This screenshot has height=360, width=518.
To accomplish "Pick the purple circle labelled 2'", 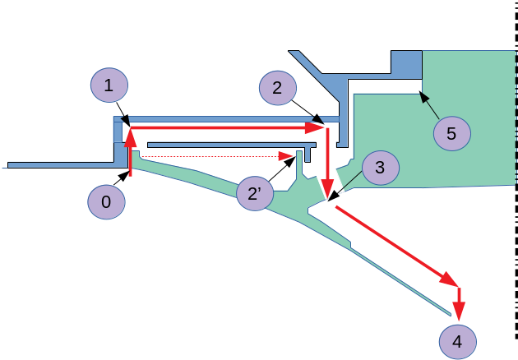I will tap(254, 194).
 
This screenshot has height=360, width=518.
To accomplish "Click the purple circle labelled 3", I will tap(379, 168).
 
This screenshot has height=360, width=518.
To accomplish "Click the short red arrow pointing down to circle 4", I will tap(460, 301).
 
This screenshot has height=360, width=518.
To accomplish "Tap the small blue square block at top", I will tap(406, 64).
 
